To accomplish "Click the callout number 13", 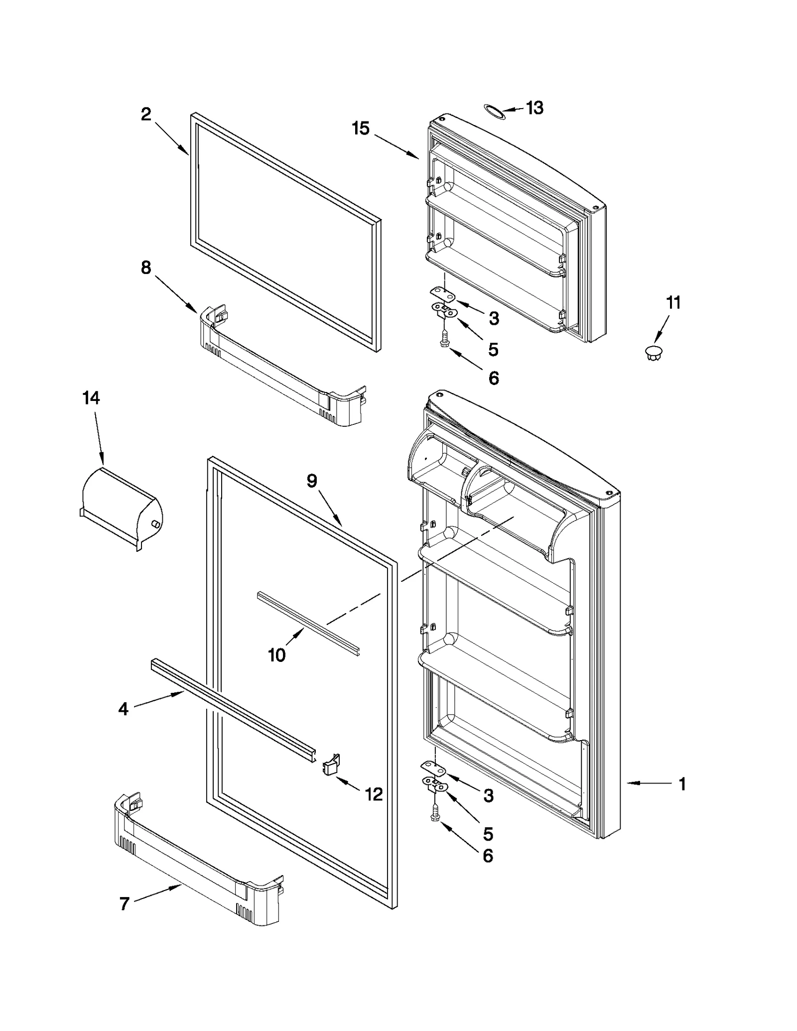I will [x=534, y=108].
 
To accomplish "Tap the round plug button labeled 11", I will [x=653, y=352].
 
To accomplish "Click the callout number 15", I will [x=361, y=128].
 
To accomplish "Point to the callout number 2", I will [x=145, y=115].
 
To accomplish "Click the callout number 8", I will [x=145, y=268].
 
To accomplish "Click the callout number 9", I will [x=311, y=481].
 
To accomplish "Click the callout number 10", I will [x=276, y=654].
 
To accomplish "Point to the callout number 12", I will [x=374, y=794].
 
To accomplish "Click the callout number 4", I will [x=123, y=709].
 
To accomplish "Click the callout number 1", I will [x=682, y=784].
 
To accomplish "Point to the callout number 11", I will [x=673, y=302].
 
